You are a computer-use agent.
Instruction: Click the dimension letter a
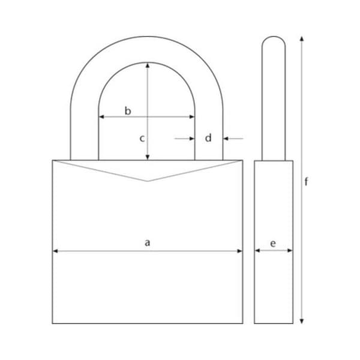[148, 242]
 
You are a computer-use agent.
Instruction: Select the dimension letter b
[128, 111]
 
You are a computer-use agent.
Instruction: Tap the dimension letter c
[142, 139]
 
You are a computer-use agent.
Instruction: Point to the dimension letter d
[208, 138]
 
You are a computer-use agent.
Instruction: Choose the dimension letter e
[273, 244]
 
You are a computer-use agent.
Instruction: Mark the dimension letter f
[306, 182]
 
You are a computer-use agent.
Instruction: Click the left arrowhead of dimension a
[55, 251]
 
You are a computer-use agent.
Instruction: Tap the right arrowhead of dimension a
[239, 251]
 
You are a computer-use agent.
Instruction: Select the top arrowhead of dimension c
[148, 65]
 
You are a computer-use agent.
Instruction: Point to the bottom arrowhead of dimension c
[148, 157]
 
